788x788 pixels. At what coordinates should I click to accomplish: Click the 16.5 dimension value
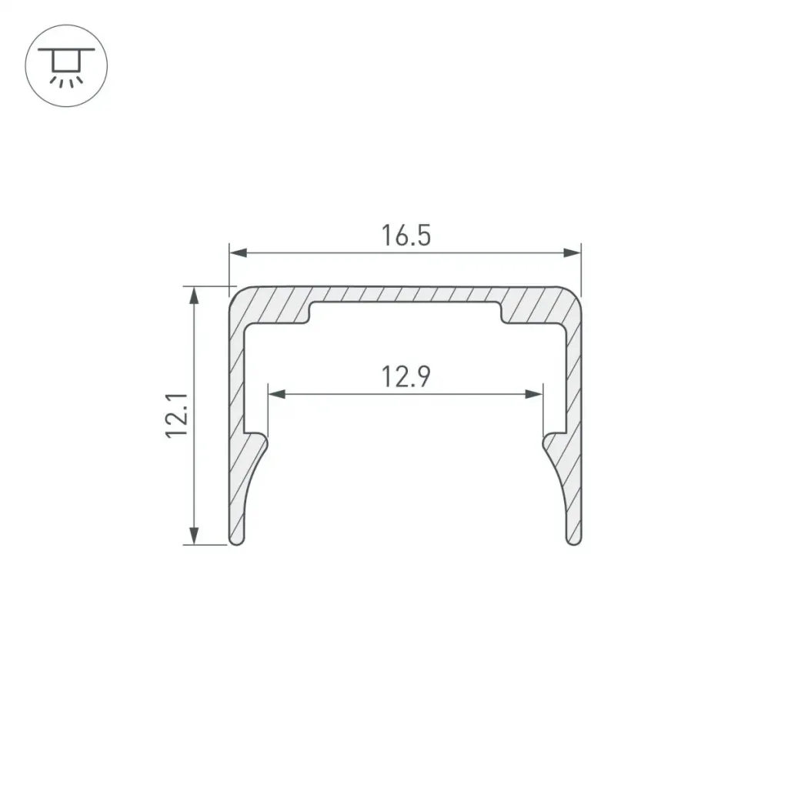pyautogui.click(x=406, y=235)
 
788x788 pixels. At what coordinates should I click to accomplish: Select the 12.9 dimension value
pyautogui.click(x=406, y=377)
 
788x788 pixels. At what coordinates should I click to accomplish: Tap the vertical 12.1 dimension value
pyautogui.click(x=177, y=416)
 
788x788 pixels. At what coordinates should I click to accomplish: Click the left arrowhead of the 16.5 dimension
pyautogui.click(x=239, y=252)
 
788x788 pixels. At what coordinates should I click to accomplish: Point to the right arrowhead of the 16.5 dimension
pyautogui.click(x=572, y=252)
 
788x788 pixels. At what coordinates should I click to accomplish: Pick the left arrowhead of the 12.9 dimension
pyautogui.click(x=277, y=394)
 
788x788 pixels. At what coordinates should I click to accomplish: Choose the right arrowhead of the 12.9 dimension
pyautogui.click(x=534, y=394)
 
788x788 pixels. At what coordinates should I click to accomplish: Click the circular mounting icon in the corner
pyautogui.click(x=66, y=65)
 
